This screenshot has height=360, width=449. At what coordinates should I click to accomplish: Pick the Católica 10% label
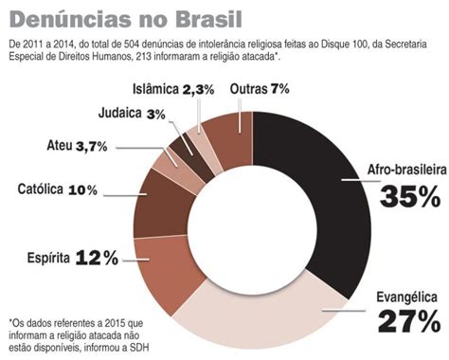(58, 189)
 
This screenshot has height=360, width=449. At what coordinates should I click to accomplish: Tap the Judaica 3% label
(132, 114)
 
